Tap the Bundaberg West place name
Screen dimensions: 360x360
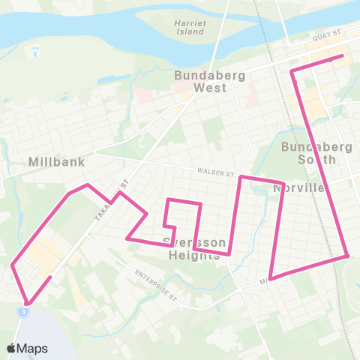[x=199, y=81]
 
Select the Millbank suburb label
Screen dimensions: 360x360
[x=56, y=161]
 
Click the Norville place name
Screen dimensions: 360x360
[x=298, y=188]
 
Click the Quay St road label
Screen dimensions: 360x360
[x=327, y=45]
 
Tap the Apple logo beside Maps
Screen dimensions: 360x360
[x=12, y=348]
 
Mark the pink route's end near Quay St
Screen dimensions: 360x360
[x=343, y=55]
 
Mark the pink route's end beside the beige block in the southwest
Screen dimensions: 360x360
[x=50, y=277]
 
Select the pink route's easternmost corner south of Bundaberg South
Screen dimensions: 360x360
[x=348, y=256]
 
